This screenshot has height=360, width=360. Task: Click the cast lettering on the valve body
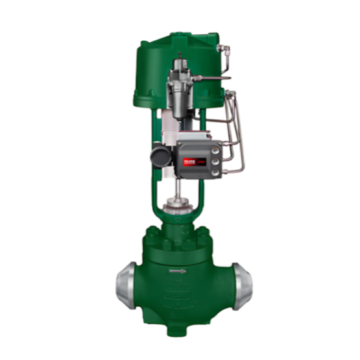(x=180, y=300)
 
